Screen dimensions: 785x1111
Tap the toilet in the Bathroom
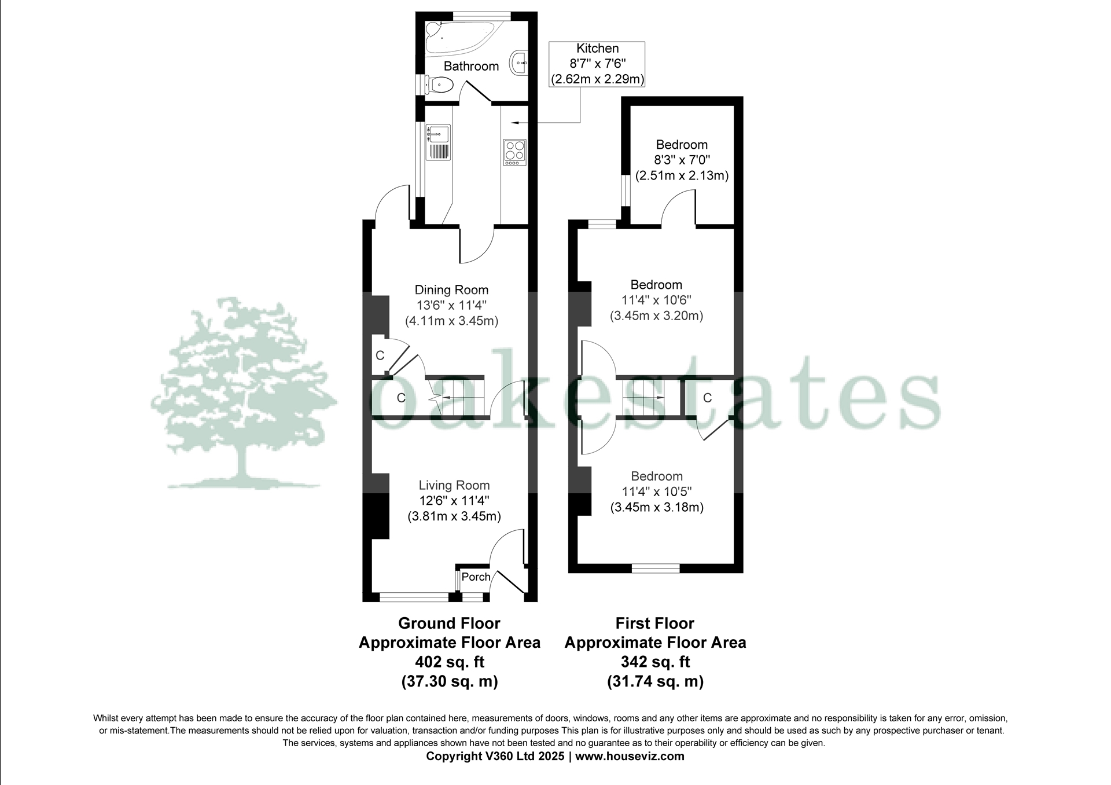[440, 85]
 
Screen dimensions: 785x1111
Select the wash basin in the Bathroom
[519, 61]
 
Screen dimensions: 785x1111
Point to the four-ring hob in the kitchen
[514, 152]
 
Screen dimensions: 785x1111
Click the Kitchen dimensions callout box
[597, 64]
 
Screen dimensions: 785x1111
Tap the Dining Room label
[451, 290]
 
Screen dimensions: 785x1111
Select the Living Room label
[454, 486]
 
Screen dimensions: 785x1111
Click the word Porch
[476, 577]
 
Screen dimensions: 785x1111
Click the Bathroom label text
[471, 66]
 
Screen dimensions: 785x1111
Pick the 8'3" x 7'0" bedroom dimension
[681, 160]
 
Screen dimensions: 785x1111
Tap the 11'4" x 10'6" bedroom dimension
[656, 300]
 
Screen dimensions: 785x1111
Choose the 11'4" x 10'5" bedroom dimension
[657, 492]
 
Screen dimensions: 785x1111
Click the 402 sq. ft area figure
[450, 662]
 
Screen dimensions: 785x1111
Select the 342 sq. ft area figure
[655, 662]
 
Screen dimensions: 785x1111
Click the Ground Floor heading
[449, 623]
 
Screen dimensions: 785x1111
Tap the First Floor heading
[654, 623]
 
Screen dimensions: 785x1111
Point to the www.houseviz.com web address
[630, 756]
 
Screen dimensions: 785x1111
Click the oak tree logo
[243, 394]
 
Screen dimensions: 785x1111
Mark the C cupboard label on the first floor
[707, 398]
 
